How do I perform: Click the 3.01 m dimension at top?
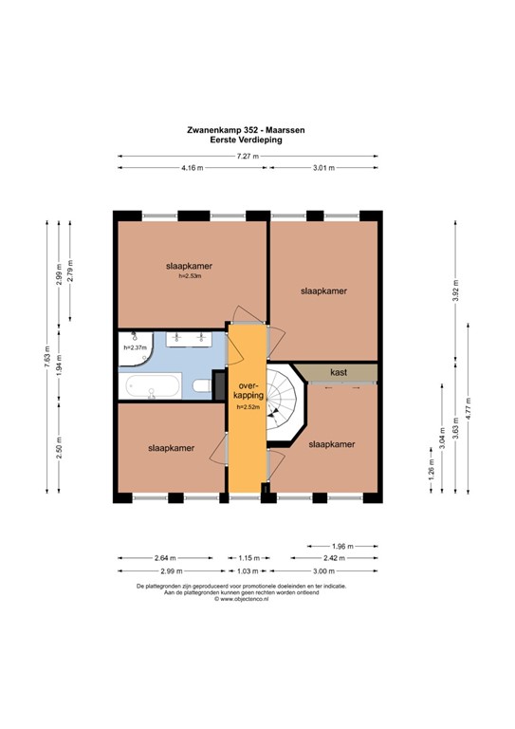click(x=324, y=168)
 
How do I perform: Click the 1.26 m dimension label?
click(x=432, y=471)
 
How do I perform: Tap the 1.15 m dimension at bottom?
click(x=248, y=558)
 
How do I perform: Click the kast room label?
click(x=337, y=373)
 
